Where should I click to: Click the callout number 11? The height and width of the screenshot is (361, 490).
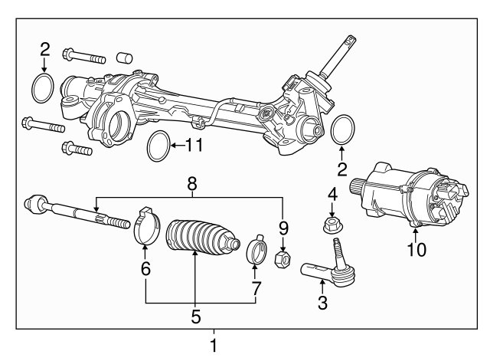(x=194, y=145)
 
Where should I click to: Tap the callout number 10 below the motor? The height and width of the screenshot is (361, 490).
(x=416, y=250)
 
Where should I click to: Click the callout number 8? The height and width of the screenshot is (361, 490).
(x=192, y=184)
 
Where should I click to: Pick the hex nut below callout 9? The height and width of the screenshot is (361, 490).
(x=283, y=261)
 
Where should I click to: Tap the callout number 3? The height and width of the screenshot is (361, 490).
(x=322, y=303)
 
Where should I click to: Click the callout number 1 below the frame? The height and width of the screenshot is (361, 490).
(x=214, y=346)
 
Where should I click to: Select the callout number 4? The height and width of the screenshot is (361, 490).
(x=332, y=194)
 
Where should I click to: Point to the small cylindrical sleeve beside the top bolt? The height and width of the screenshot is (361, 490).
(x=124, y=58)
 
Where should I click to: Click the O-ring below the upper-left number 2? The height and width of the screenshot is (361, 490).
(x=33, y=89)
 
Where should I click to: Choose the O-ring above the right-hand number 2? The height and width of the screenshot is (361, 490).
(x=332, y=130)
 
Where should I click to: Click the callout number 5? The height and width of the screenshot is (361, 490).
(x=196, y=317)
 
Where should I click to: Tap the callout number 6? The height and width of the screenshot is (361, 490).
(x=145, y=268)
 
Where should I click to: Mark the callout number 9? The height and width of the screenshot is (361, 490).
(x=283, y=228)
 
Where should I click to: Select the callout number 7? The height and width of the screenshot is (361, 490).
(x=256, y=288)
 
